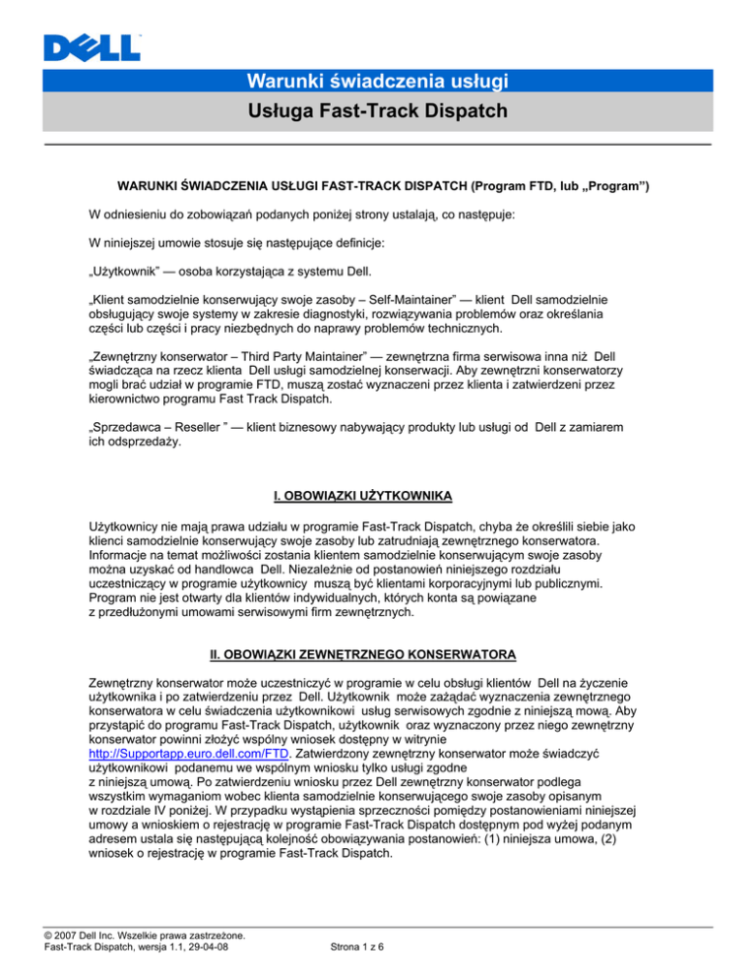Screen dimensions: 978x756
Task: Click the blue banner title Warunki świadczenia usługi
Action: pos(377,79)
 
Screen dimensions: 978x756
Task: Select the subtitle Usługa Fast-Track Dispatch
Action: pos(377,113)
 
